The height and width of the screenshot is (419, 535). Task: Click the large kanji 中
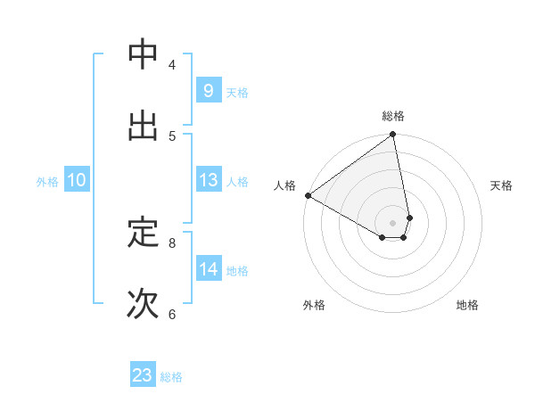(144, 54)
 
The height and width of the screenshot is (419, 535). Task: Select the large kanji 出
(144, 126)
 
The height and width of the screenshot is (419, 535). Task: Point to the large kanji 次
(144, 304)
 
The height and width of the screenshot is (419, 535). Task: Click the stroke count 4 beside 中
(172, 64)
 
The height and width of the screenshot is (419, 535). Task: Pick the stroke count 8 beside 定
(172, 242)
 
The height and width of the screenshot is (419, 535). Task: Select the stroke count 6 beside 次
(172, 314)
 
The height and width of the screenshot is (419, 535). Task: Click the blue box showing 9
(208, 90)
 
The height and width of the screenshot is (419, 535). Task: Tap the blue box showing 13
(208, 180)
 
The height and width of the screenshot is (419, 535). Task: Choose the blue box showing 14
(208, 269)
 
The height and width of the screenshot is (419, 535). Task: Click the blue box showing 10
(76, 180)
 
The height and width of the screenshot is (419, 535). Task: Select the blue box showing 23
(143, 375)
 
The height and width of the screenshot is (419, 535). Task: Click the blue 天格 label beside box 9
(237, 92)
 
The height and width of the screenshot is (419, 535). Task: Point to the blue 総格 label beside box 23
(172, 377)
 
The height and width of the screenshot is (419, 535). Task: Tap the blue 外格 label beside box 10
(47, 182)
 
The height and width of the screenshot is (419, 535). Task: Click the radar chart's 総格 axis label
(393, 116)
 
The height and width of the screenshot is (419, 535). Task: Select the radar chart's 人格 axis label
(284, 185)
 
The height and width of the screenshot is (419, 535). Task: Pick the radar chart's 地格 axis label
(467, 305)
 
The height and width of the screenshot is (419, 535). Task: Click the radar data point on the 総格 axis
(393, 136)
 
